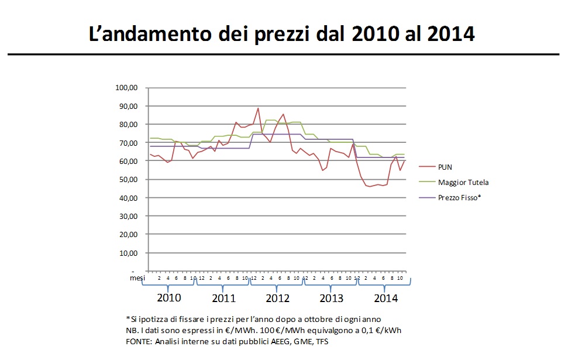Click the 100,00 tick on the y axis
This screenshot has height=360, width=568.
pos(127,88)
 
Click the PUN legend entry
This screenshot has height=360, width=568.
pos(445,167)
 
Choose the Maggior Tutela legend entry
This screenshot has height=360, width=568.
pos(463,183)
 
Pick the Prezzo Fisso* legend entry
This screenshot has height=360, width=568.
pos(459,198)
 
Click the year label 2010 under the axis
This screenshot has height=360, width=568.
pos(170,298)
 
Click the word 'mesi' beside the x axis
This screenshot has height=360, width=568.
pos(136,278)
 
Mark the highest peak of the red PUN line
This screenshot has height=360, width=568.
pos(258,108)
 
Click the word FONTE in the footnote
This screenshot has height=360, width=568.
pos(138,341)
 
